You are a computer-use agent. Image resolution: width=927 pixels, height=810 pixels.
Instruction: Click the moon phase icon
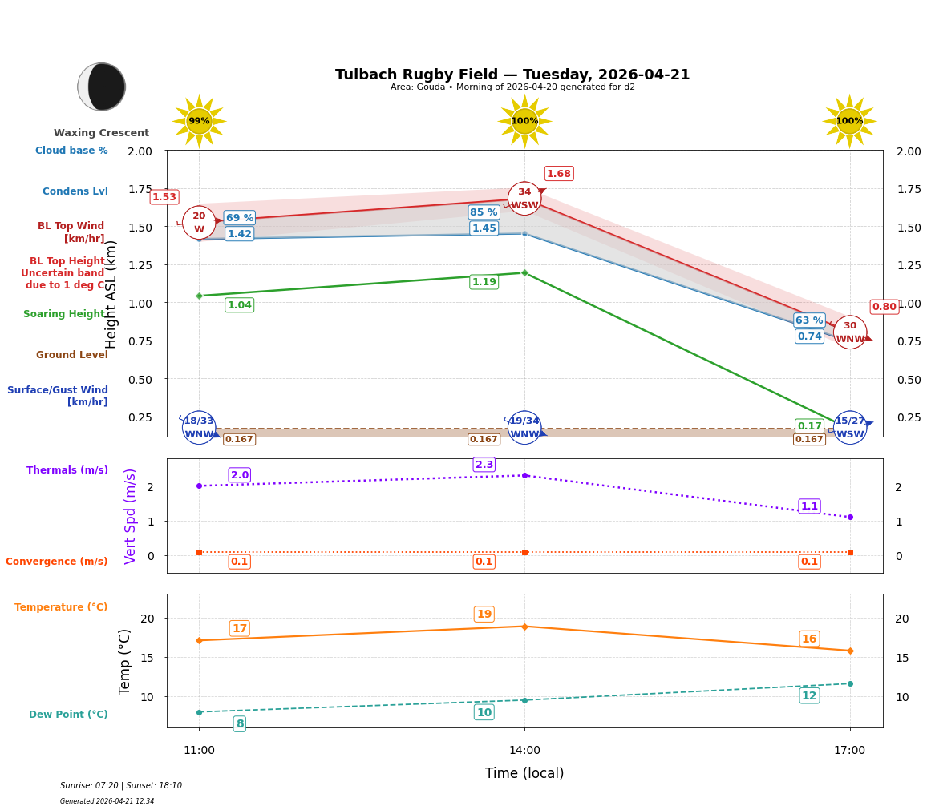102,87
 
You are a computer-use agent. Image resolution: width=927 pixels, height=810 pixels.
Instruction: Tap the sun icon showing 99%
199,121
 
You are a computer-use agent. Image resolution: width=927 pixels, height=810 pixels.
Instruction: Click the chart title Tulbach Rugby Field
512,75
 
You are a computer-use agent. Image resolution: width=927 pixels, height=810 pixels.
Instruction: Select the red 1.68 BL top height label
558,174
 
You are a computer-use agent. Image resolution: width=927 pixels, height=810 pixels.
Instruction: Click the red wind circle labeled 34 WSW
524,199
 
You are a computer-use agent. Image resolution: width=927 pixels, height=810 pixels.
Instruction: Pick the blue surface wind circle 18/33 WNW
199,428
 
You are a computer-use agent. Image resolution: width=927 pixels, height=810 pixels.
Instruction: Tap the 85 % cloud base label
484,212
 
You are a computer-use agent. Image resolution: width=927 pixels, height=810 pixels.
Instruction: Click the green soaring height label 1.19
484,282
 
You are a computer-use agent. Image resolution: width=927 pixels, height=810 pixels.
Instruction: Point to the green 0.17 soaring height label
809,426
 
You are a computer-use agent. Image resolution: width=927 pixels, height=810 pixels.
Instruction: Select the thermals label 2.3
484,465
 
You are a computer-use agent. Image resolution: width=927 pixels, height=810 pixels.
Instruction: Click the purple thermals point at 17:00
850,517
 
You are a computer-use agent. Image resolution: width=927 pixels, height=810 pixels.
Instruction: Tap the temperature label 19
484,615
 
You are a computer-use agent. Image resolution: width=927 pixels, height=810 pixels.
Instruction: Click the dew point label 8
239,724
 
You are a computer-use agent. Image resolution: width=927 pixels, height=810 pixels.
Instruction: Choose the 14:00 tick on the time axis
524,750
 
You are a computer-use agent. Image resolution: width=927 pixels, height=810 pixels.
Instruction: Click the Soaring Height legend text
64,314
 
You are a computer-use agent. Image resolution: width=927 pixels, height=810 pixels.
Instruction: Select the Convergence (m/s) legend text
56,562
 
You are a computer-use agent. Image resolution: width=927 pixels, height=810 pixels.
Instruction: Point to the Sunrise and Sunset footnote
121,786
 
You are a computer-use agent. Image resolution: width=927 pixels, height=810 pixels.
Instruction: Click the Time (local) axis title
524,773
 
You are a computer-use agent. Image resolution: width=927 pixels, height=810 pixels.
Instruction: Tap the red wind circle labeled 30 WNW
850,332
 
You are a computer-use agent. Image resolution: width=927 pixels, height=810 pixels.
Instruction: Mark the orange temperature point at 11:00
199,640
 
